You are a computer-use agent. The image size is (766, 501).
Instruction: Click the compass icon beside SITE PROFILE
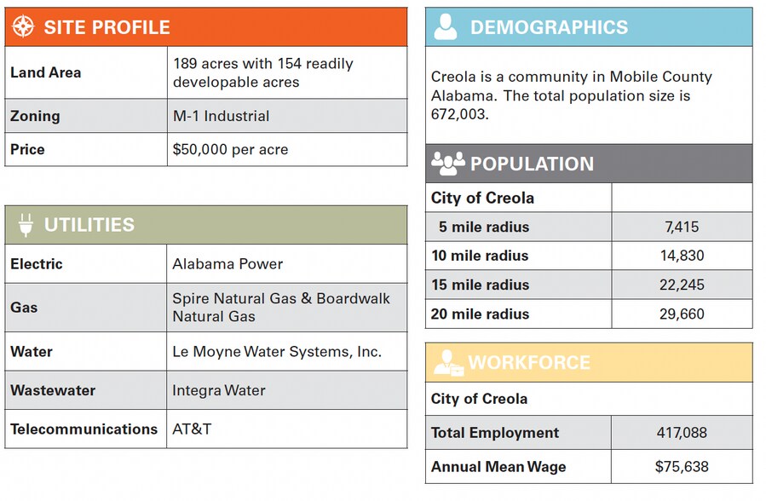pyautogui.click(x=23, y=26)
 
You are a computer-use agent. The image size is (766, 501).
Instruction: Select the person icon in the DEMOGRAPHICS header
pyautogui.click(x=446, y=27)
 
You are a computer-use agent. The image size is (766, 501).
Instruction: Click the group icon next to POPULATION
pyautogui.click(x=447, y=163)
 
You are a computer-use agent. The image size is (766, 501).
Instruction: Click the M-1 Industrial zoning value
pyautogui.click(x=221, y=116)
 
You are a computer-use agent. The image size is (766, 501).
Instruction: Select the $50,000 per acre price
pyautogui.click(x=230, y=149)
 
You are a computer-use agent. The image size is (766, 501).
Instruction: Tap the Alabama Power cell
pyautogui.click(x=227, y=264)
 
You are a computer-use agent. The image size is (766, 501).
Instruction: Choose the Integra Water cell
pyautogui.click(x=219, y=390)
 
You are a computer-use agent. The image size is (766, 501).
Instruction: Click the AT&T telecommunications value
pyautogui.click(x=192, y=429)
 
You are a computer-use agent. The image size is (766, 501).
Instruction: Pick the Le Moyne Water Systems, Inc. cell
pyautogui.click(x=277, y=351)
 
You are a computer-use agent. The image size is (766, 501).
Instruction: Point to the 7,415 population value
pyautogui.click(x=681, y=227)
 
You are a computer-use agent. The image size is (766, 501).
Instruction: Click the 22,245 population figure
pyautogui.click(x=681, y=285)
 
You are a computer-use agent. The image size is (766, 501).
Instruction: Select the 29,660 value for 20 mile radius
pyautogui.click(x=681, y=314)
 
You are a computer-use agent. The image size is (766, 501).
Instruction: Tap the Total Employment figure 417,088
pyautogui.click(x=681, y=433)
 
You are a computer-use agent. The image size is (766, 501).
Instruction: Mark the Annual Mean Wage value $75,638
pyautogui.click(x=681, y=466)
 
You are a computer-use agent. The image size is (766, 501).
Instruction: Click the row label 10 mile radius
pyautogui.click(x=479, y=256)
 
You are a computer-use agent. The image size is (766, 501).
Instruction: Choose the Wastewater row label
pyautogui.click(x=53, y=390)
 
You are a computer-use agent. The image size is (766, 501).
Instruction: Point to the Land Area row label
pyautogui.click(x=46, y=72)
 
